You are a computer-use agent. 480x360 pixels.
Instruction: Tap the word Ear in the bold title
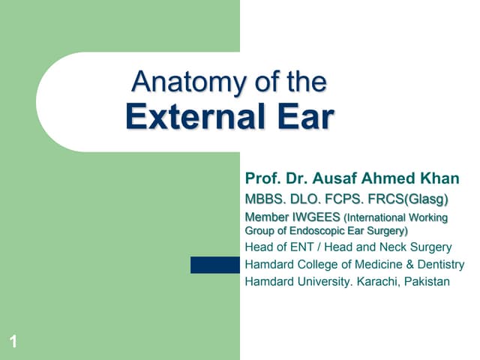click(302, 118)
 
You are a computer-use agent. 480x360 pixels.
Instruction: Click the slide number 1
click(13, 343)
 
